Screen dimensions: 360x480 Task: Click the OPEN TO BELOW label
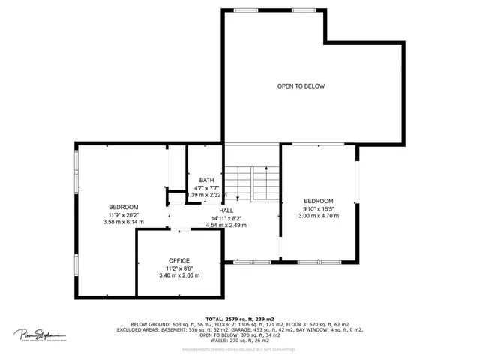click(x=301, y=86)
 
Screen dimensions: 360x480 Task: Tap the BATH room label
click(x=206, y=180)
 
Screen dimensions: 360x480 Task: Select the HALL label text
click(x=226, y=211)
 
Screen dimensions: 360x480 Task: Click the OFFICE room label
click(x=179, y=260)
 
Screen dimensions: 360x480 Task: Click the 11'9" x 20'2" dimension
click(x=123, y=214)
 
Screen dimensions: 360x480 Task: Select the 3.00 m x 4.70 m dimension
click(x=318, y=215)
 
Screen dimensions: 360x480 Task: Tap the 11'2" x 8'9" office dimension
click(x=179, y=268)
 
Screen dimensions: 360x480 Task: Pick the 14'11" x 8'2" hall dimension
click(x=226, y=218)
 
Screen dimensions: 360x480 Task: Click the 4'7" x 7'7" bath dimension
click(x=206, y=187)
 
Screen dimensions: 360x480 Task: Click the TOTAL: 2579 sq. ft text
click(x=240, y=318)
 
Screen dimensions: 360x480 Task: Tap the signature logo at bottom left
click(x=39, y=334)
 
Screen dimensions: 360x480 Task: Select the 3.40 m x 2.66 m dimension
click(x=179, y=275)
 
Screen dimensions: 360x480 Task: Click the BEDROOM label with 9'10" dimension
click(x=318, y=200)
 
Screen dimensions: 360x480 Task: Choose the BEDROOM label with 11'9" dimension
click(x=123, y=207)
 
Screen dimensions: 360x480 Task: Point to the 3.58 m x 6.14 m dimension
click(x=123, y=222)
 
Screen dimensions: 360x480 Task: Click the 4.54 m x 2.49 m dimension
click(x=226, y=225)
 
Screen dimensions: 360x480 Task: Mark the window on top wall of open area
click(x=242, y=10)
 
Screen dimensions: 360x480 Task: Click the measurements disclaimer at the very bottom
click(x=240, y=349)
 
